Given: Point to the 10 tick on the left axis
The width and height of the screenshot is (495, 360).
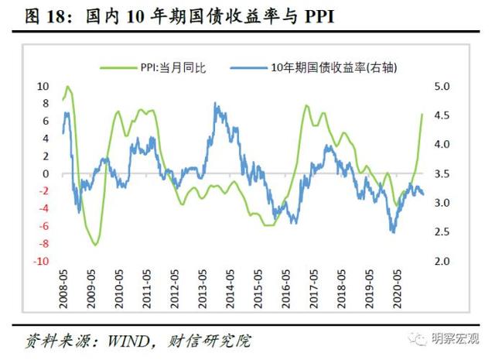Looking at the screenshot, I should click(43, 86).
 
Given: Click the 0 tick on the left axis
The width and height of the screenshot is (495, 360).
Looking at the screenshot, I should click(46, 173).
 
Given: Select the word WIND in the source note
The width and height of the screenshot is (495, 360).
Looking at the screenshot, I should click(124, 341).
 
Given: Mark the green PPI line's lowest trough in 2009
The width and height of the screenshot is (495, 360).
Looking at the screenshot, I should click(95, 245).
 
